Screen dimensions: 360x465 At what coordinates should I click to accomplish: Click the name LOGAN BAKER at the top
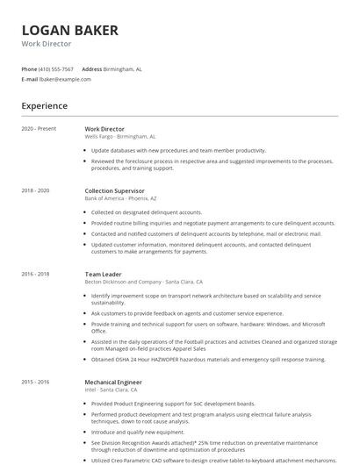coord(69,31)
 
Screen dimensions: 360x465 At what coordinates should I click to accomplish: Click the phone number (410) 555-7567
coord(56,68)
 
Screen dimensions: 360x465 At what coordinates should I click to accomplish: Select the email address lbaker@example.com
coord(66,79)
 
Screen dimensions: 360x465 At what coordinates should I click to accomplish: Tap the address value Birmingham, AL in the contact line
coord(122,68)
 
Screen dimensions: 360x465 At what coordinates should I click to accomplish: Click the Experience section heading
coord(44,106)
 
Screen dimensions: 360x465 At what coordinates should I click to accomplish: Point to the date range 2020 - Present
coord(39,129)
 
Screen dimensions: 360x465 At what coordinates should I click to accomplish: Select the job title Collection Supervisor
coord(114,190)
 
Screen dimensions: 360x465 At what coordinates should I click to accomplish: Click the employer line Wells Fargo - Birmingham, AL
coord(120,137)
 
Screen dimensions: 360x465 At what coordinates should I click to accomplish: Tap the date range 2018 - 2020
coord(35,190)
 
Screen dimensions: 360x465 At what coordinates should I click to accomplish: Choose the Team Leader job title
coord(103,274)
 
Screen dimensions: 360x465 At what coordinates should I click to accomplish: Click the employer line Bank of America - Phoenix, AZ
coord(122,198)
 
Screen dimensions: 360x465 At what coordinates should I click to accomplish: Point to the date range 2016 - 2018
coord(35,274)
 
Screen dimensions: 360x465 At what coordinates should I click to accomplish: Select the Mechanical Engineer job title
coord(113,382)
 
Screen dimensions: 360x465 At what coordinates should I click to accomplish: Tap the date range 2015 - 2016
coord(35,382)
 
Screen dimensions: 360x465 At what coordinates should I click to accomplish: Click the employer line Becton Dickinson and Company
coord(143,282)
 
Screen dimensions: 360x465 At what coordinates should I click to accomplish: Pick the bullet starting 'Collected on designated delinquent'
coord(147,212)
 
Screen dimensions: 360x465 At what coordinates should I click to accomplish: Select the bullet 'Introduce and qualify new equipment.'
coord(138,432)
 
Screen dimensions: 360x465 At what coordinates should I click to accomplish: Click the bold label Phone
coord(29,68)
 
